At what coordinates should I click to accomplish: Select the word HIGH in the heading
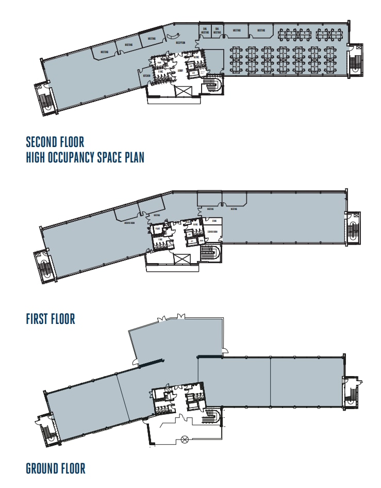[x=37, y=157]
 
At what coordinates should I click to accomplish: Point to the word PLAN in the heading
[x=132, y=157]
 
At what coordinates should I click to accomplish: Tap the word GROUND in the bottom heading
[x=45, y=468]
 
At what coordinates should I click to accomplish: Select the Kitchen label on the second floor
[x=146, y=76]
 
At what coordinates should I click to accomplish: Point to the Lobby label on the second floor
[x=180, y=70]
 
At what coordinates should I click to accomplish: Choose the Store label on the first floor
[x=214, y=221]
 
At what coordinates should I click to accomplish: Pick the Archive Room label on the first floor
[x=130, y=223]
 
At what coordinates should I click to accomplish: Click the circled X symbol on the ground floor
[x=185, y=440]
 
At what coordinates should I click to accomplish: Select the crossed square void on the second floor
[x=183, y=91]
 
